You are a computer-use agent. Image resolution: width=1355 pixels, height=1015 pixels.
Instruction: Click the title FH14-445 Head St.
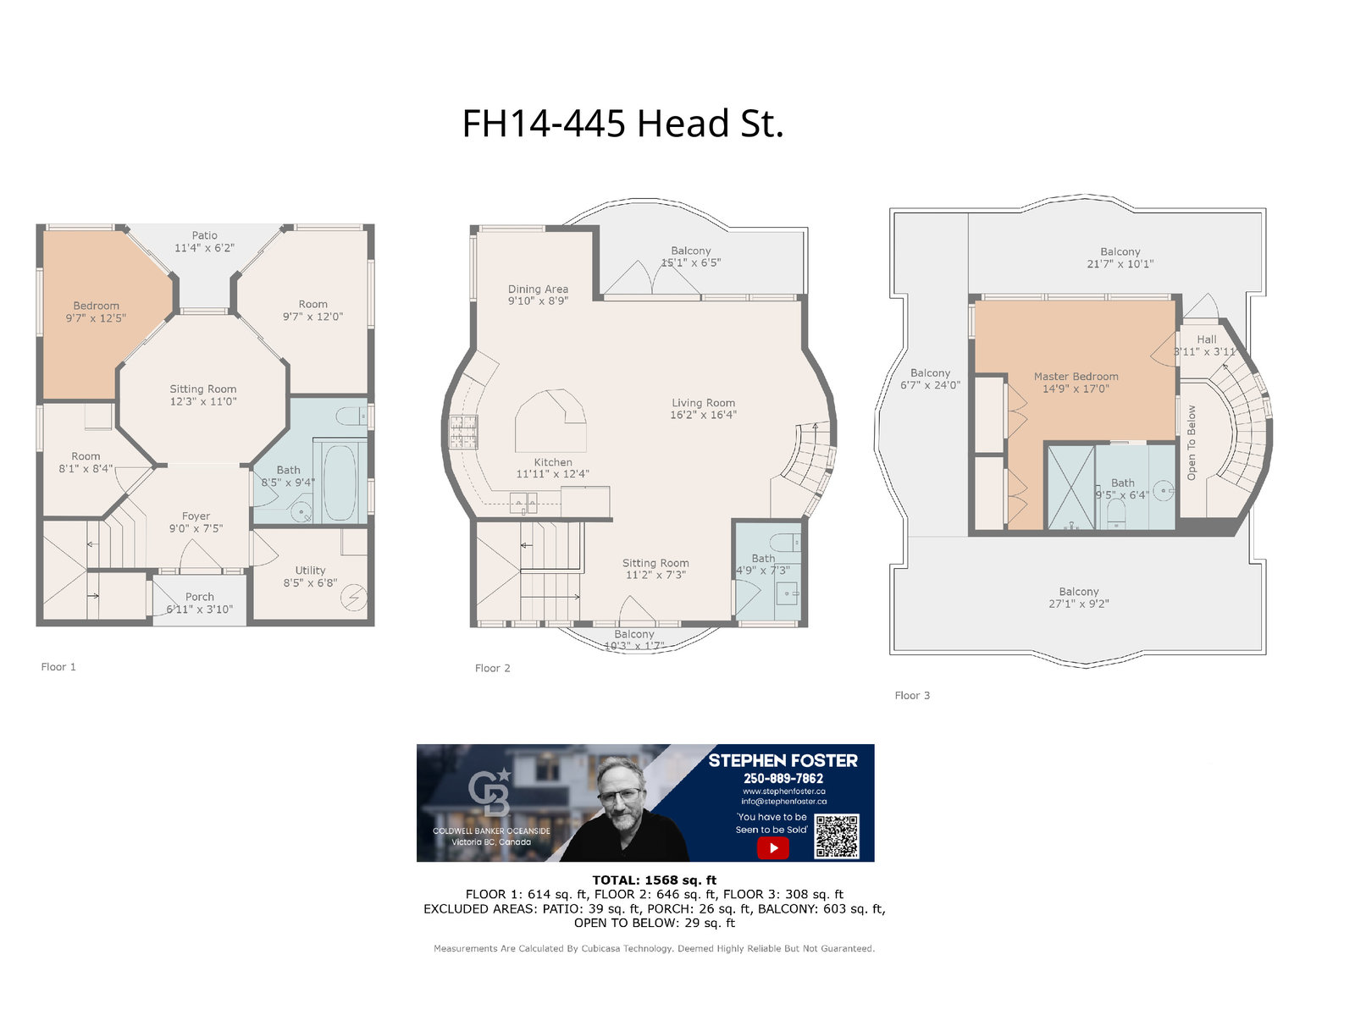click(x=622, y=123)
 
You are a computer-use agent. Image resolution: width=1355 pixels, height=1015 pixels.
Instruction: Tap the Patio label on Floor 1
click(x=204, y=242)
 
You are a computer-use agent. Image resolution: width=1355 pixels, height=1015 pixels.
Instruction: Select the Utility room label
click(x=310, y=576)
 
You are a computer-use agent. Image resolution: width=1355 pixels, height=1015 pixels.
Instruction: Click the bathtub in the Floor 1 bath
click(x=339, y=483)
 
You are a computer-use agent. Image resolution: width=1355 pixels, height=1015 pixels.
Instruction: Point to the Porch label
click(x=199, y=603)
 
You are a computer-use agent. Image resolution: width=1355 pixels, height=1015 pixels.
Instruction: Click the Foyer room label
click(x=196, y=522)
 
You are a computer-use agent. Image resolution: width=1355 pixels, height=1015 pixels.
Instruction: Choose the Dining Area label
click(x=538, y=295)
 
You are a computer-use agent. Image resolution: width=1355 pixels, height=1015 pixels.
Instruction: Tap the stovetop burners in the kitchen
click(x=463, y=431)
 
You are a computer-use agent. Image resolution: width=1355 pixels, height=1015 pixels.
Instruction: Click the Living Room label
click(x=703, y=409)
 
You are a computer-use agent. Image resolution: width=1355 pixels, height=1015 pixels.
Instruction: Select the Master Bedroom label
click(x=1076, y=383)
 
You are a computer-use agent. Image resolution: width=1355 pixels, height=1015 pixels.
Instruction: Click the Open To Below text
click(x=1191, y=443)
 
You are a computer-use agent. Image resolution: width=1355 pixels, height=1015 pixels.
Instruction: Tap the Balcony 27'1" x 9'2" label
click(x=1078, y=598)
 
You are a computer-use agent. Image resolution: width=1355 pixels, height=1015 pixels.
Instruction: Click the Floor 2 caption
click(x=492, y=668)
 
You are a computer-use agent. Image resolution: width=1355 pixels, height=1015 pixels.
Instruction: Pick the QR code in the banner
click(x=837, y=836)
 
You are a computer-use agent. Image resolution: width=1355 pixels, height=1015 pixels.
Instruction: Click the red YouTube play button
click(x=773, y=847)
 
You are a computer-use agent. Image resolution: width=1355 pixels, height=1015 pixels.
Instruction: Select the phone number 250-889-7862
click(x=783, y=778)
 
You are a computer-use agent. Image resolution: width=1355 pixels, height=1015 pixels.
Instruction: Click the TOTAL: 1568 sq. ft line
click(x=654, y=880)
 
